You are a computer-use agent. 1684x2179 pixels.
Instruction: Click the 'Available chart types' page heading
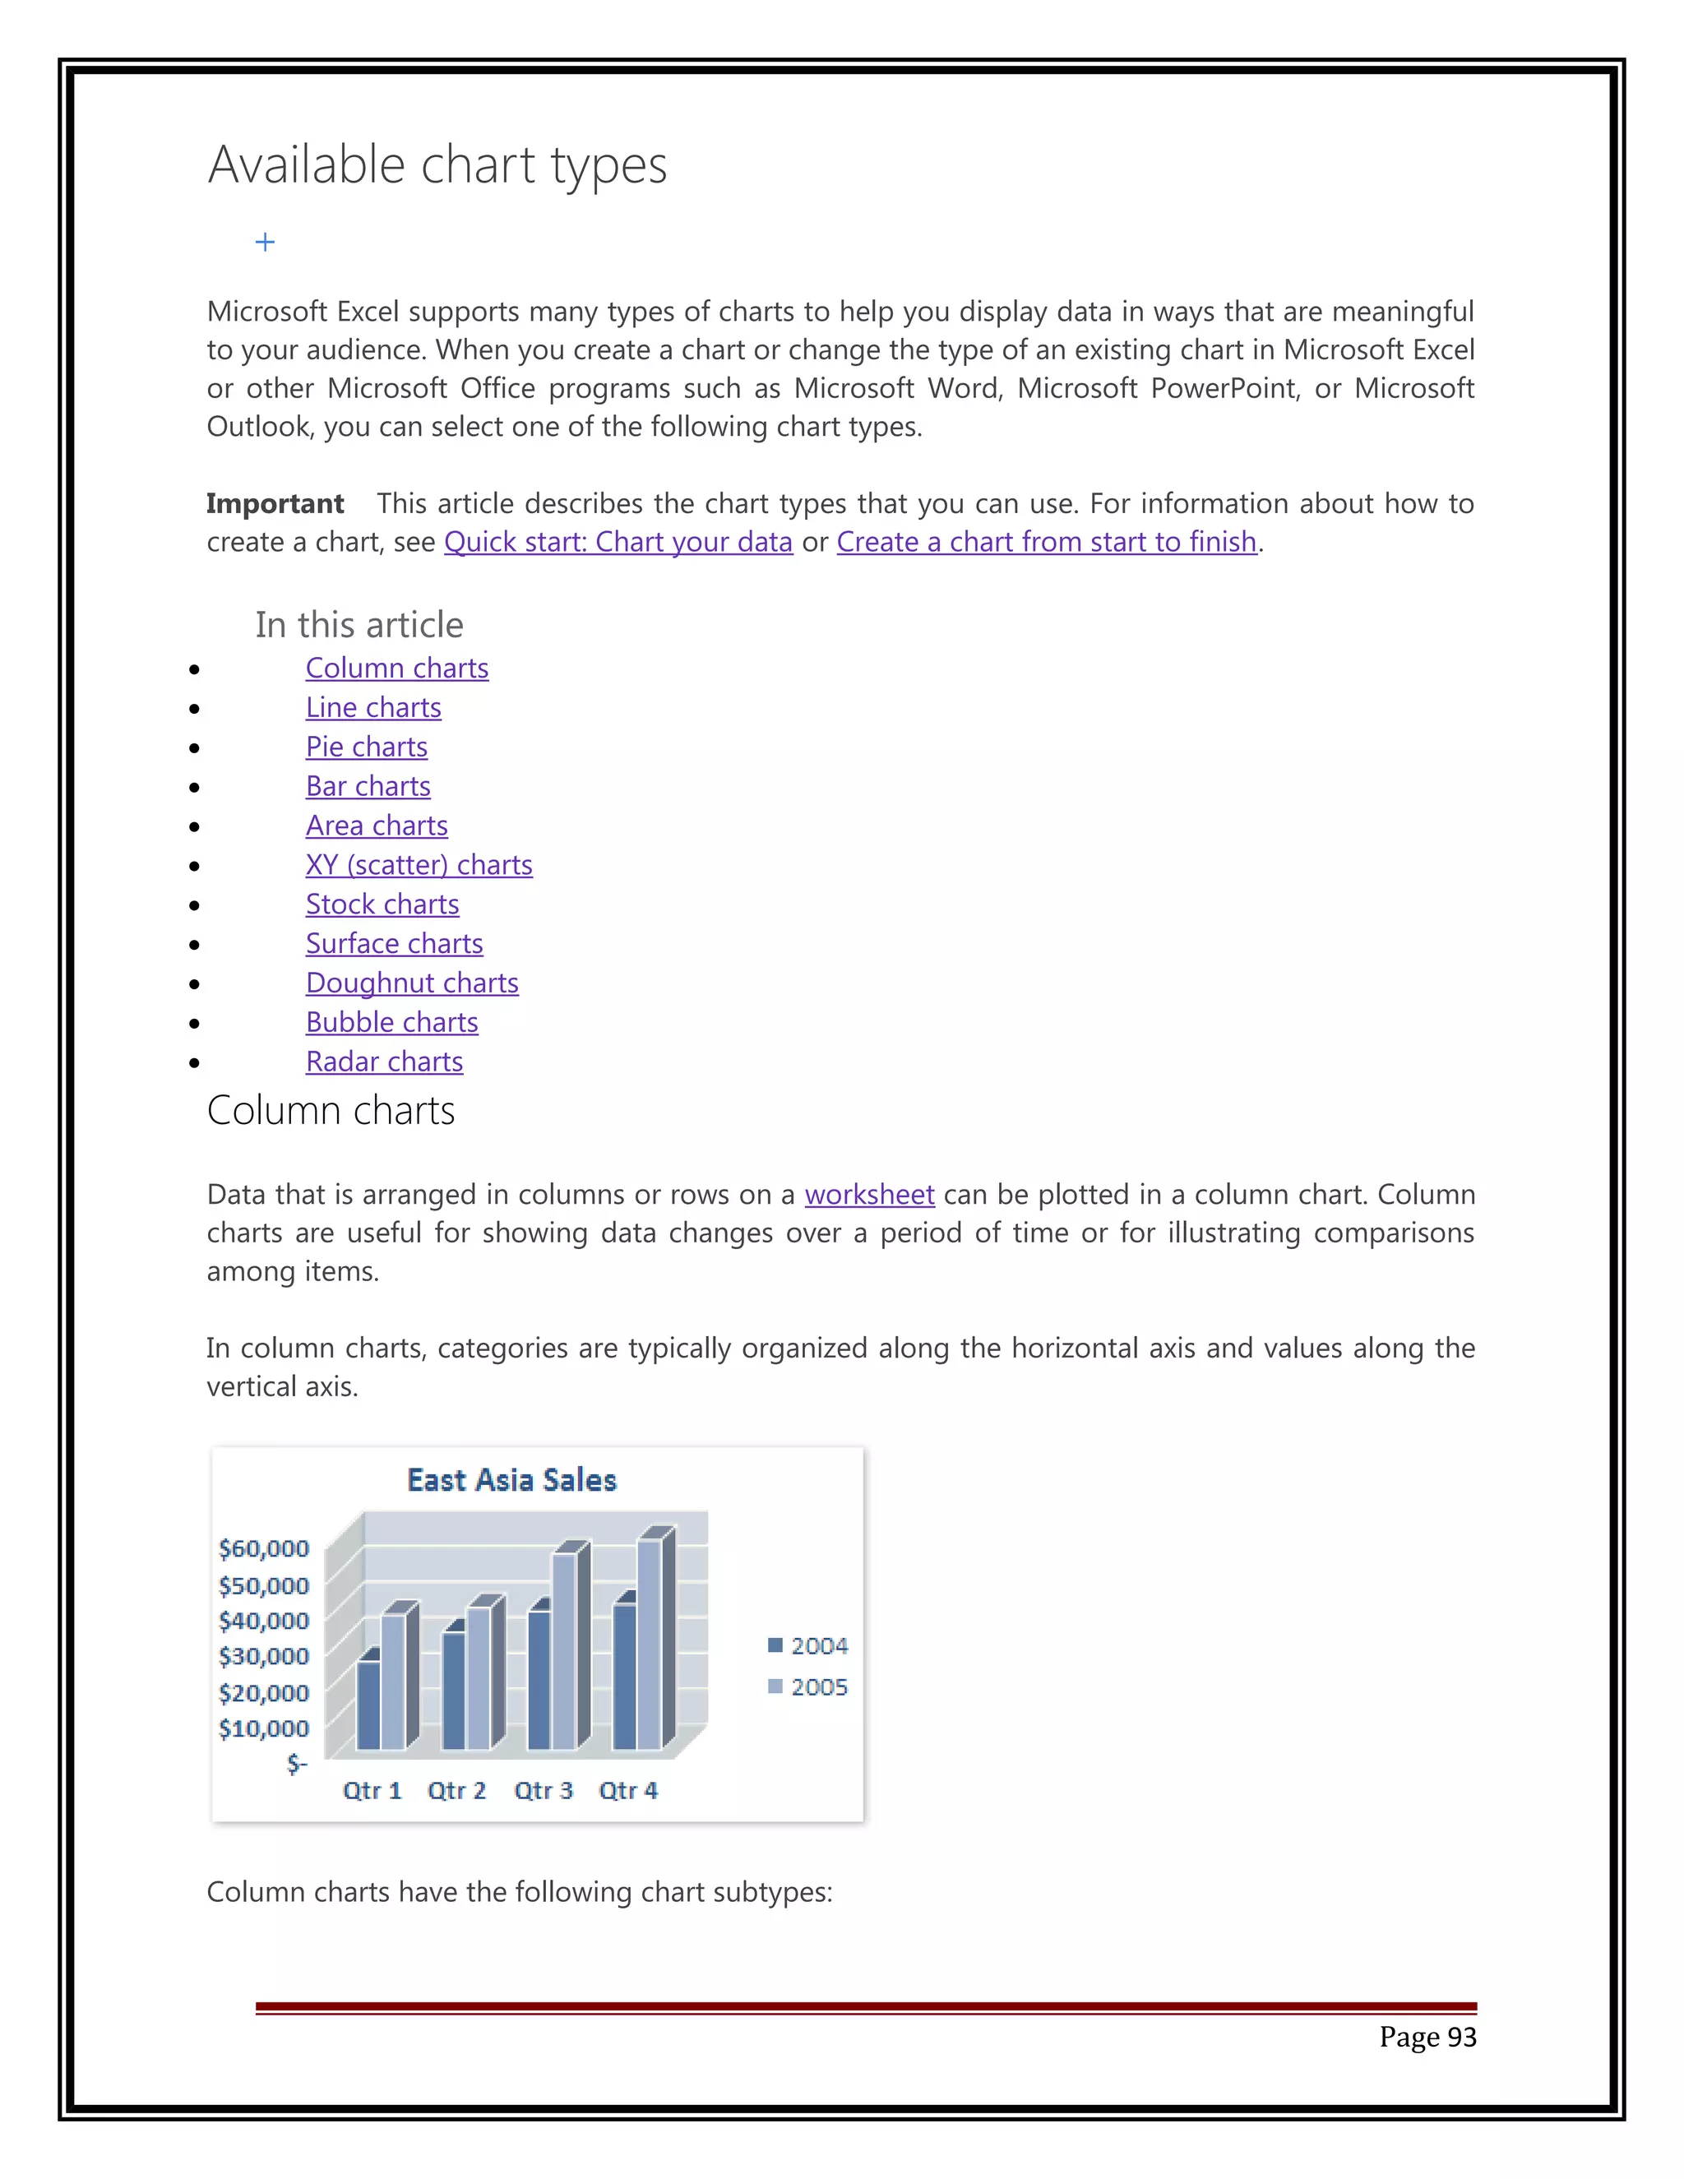click(x=437, y=165)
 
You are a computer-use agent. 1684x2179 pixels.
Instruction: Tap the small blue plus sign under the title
click(x=265, y=243)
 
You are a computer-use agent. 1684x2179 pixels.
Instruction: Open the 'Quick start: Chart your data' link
click(x=618, y=542)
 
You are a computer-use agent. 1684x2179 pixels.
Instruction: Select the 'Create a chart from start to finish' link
click(x=1046, y=542)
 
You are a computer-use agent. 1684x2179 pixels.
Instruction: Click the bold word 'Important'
click(x=275, y=504)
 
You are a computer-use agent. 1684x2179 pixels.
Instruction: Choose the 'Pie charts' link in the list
click(x=366, y=747)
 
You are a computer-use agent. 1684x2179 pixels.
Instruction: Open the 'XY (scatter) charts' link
click(x=419, y=865)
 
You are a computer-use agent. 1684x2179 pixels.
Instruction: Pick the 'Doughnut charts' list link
click(x=412, y=983)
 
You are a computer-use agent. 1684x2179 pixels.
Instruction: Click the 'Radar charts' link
click(x=384, y=1062)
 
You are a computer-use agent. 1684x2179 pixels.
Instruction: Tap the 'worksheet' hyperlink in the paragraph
click(x=869, y=1194)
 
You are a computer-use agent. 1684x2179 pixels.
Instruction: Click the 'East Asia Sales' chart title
click(x=511, y=1479)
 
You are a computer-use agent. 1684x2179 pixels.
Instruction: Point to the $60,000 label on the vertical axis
click(x=263, y=1548)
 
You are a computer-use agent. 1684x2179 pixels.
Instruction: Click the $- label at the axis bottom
click(x=296, y=1763)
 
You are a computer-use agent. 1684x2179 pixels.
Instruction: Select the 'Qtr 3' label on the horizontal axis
click(x=543, y=1790)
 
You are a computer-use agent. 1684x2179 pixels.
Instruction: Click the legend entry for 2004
click(x=808, y=1645)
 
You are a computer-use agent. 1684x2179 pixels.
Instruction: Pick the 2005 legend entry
click(x=808, y=1687)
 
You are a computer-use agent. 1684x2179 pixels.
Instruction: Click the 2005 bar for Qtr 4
click(x=650, y=1646)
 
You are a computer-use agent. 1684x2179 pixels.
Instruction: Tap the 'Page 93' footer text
click(x=1427, y=2038)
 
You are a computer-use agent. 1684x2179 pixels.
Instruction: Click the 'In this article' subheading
click(x=359, y=626)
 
